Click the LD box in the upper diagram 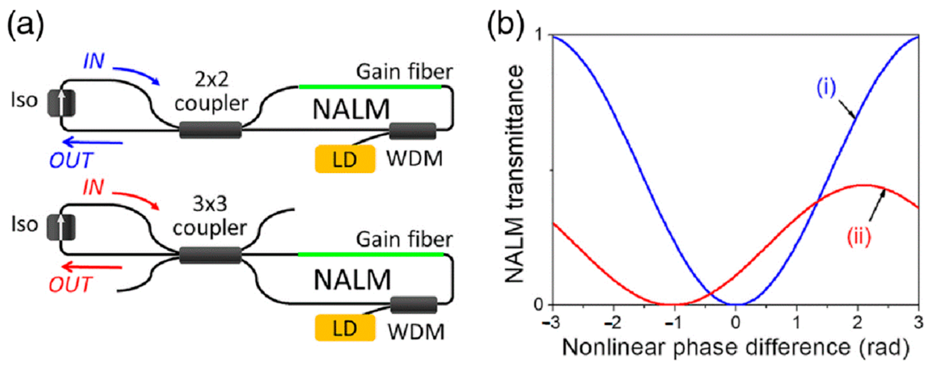(x=345, y=159)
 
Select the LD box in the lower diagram (x=345, y=328)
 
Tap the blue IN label (x=94, y=61)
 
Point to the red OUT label (x=70, y=284)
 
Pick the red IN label (x=94, y=187)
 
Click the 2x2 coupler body (x=211, y=130)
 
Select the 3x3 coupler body (x=210, y=255)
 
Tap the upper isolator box (x=61, y=103)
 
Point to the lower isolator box (x=61, y=227)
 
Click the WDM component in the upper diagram (x=413, y=131)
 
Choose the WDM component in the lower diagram (x=414, y=305)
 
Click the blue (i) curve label (x=826, y=88)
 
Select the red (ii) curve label (x=859, y=237)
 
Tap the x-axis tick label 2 (x=857, y=322)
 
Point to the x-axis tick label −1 (x=673, y=322)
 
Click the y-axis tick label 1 (x=540, y=36)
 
